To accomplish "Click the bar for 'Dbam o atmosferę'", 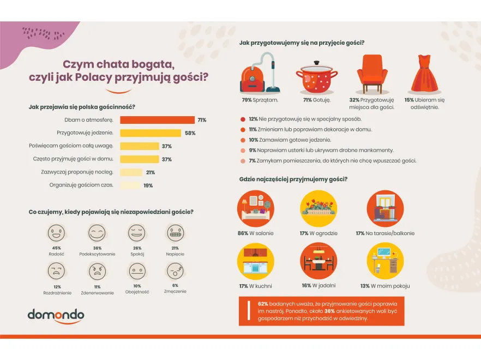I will (157, 120).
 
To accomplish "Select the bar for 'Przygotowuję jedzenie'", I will (150, 133).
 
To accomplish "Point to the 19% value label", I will (148, 185).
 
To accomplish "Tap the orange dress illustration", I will (425, 74).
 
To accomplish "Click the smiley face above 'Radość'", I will (56, 234).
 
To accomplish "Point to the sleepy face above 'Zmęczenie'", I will (175, 271).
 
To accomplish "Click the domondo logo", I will (56, 316).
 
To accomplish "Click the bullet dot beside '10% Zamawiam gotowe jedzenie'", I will (243, 140).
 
